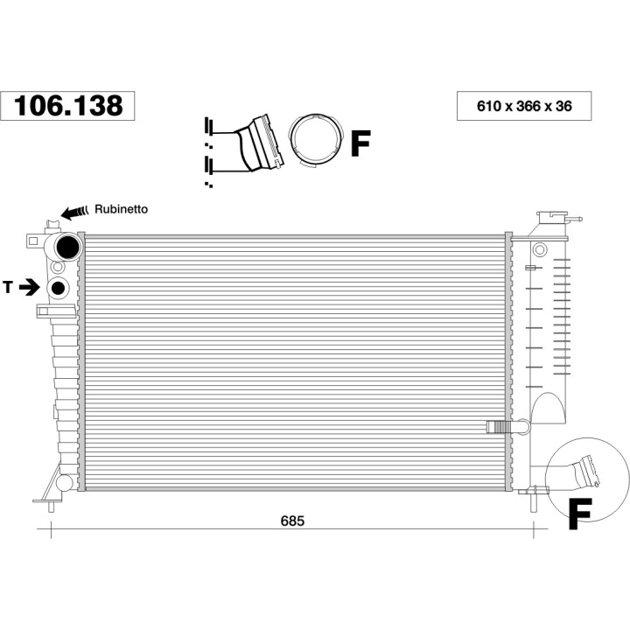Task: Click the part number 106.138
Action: [x=68, y=106]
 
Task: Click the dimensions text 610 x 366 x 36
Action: [x=524, y=106]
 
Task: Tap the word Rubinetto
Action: [x=121, y=209]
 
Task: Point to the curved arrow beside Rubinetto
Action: [x=74, y=212]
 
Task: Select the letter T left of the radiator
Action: [x=8, y=287]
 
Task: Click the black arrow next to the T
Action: [x=30, y=287]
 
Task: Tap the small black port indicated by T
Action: [x=59, y=288]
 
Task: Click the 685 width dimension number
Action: [x=292, y=521]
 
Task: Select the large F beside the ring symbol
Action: [x=360, y=143]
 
